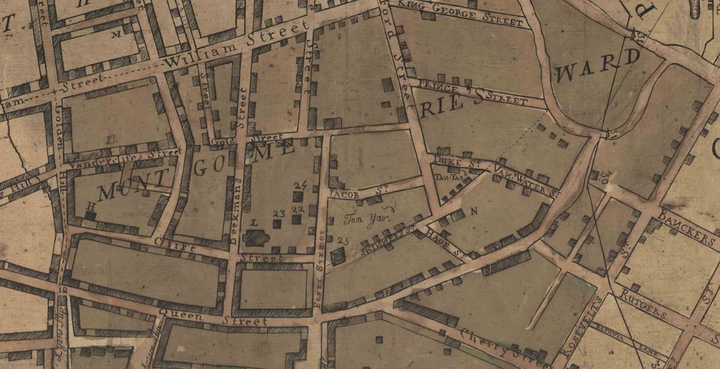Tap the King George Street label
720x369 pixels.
click(x=459, y=15)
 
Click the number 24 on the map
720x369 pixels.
click(x=300, y=185)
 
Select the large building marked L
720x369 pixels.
click(x=256, y=237)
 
